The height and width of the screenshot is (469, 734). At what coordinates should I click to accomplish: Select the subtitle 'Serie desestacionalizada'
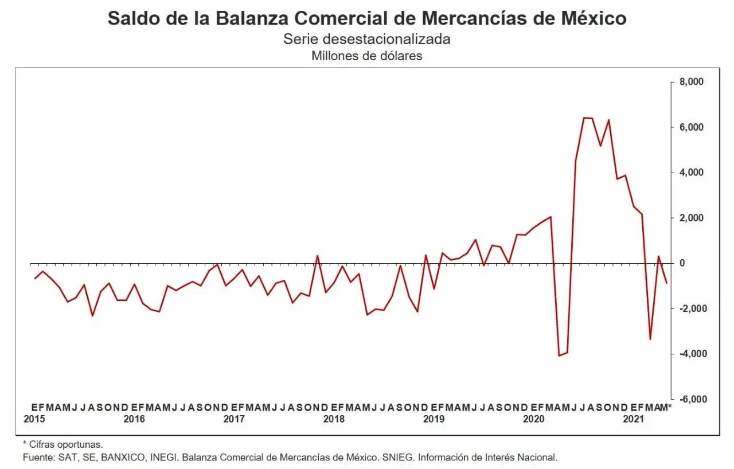pyautogui.click(x=367, y=39)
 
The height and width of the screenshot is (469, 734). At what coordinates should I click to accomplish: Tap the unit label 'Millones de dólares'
pyautogui.click(x=367, y=56)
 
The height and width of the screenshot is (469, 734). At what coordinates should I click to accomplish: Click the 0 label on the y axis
pyautogui.click(x=682, y=263)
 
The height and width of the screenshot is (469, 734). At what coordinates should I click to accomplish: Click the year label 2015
pyautogui.click(x=34, y=419)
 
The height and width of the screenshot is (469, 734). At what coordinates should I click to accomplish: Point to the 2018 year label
pyautogui.click(x=334, y=419)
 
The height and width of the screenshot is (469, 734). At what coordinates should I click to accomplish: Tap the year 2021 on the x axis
pyautogui.click(x=634, y=419)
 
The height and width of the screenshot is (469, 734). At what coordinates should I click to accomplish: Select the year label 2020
pyautogui.click(x=534, y=419)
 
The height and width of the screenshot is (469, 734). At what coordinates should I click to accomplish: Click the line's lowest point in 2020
pyautogui.click(x=559, y=355)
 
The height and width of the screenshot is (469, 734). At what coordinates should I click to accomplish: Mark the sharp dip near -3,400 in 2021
pyautogui.click(x=650, y=339)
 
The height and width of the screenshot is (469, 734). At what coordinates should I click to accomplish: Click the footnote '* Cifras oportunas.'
pyautogui.click(x=63, y=444)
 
